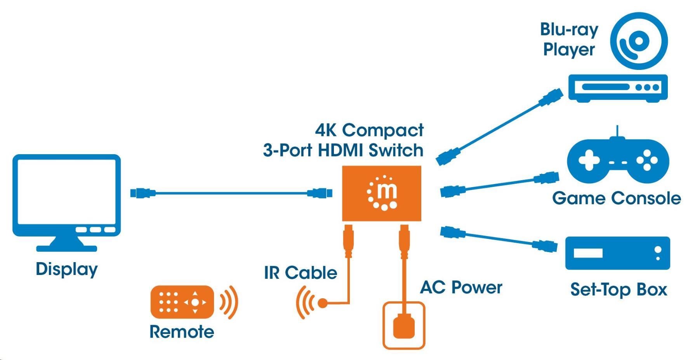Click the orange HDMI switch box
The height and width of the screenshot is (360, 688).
click(x=381, y=193)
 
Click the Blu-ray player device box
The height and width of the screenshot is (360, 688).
click(x=618, y=88)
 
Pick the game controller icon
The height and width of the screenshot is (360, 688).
click(x=618, y=160)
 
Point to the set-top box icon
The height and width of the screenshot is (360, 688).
click(x=617, y=253)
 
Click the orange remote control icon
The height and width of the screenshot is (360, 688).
click(x=182, y=302)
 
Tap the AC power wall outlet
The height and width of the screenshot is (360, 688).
click(x=404, y=325)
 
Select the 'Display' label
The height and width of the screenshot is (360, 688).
click(x=66, y=269)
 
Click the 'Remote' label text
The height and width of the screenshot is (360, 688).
click(x=182, y=332)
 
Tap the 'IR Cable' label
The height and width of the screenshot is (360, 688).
click(x=301, y=273)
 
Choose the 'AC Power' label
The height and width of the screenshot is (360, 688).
click(x=461, y=288)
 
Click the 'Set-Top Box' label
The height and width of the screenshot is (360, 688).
click(x=618, y=290)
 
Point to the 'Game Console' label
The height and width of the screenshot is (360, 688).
click(x=616, y=198)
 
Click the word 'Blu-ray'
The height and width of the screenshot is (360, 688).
click(x=569, y=30)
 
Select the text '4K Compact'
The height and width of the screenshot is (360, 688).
click(x=369, y=130)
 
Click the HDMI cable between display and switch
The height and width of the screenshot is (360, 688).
click(x=231, y=193)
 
